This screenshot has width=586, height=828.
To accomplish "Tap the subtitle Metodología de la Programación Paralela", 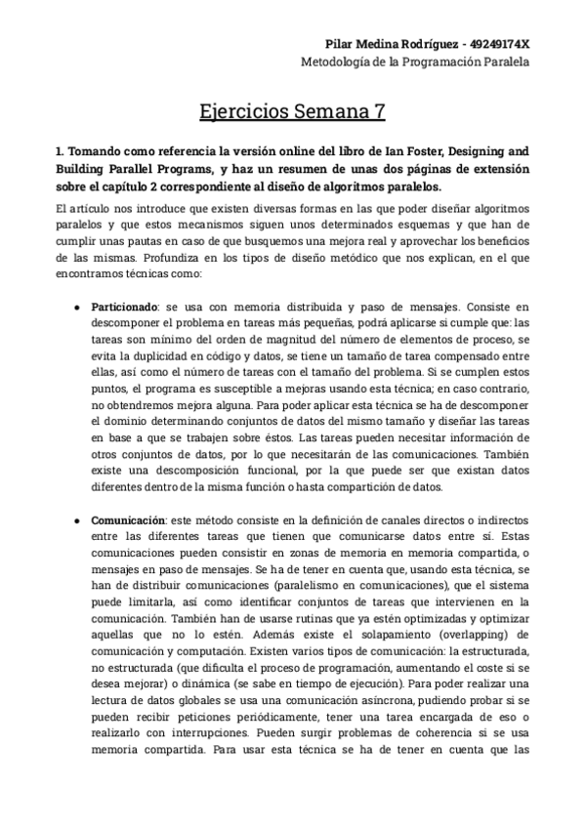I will coord(414,62).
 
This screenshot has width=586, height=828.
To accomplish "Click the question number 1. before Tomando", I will coord(60,151).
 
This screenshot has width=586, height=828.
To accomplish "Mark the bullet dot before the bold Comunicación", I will coord(77,521).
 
